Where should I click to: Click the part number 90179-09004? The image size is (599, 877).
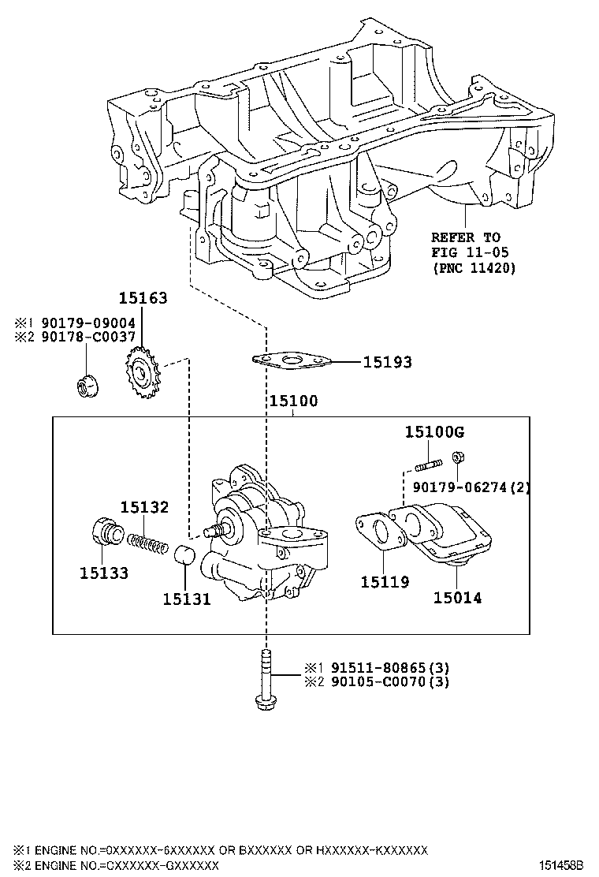coord(88,323)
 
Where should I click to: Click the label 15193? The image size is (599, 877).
coord(387,363)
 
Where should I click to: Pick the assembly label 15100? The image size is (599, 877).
coord(292,401)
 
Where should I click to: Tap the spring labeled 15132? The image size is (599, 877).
coord(149,543)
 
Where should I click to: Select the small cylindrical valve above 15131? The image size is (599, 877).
coord(184,554)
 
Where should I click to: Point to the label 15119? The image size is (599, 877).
coord(385,582)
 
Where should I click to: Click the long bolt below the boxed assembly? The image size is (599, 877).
coord(265,680)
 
